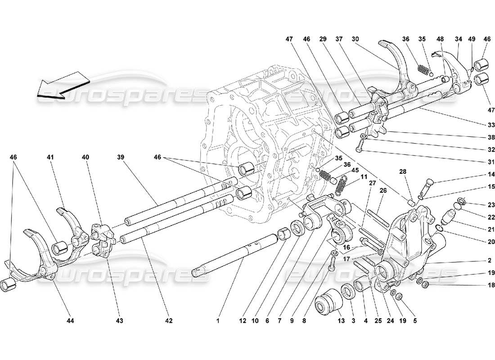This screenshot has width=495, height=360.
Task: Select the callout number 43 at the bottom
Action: (x=119, y=321)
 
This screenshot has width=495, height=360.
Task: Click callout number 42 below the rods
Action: (x=168, y=321)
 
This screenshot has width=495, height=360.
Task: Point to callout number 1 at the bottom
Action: (x=217, y=321)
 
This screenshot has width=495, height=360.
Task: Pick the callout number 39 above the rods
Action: (x=120, y=157)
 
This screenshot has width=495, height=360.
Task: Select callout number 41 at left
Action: (x=50, y=157)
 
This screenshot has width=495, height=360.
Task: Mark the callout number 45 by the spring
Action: (x=355, y=170)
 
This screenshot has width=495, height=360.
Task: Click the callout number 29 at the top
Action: (x=324, y=40)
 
